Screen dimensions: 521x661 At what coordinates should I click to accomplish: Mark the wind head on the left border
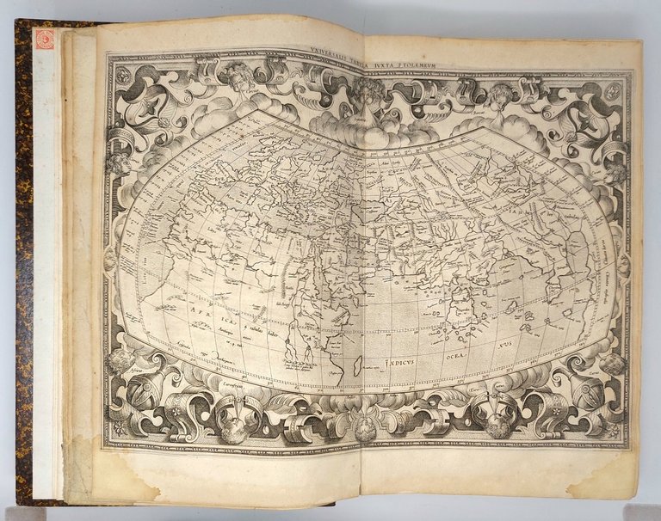pos(116,163)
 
